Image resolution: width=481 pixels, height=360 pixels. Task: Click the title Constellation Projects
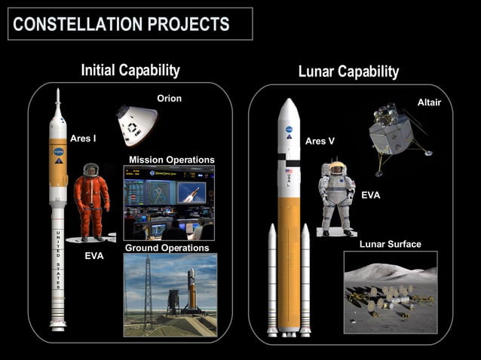point(121,24)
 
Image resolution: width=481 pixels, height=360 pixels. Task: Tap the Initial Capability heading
point(130,70)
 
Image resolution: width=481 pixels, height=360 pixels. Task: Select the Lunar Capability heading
point(348,72)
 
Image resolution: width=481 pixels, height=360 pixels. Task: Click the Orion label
point(169,98)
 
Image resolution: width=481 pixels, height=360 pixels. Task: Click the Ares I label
point(83,139)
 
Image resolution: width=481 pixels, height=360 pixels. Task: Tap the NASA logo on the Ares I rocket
point(59,151)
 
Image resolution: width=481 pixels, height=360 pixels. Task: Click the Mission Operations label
point(171,160)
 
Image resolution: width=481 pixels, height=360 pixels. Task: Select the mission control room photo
point(169,202)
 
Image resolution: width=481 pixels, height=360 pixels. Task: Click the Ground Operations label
point(167,248)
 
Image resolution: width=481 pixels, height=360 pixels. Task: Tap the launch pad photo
point(170,294)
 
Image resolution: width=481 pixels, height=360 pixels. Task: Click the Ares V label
point(320,141)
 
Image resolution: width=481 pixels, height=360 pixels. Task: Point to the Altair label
point(429,102)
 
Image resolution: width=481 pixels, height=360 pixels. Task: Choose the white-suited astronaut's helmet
point(337,168)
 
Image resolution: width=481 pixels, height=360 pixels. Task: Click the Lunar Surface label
point(390,244)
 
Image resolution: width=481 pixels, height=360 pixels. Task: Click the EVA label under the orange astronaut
point(94,256)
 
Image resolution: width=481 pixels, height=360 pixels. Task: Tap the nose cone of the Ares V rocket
point(288,109)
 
